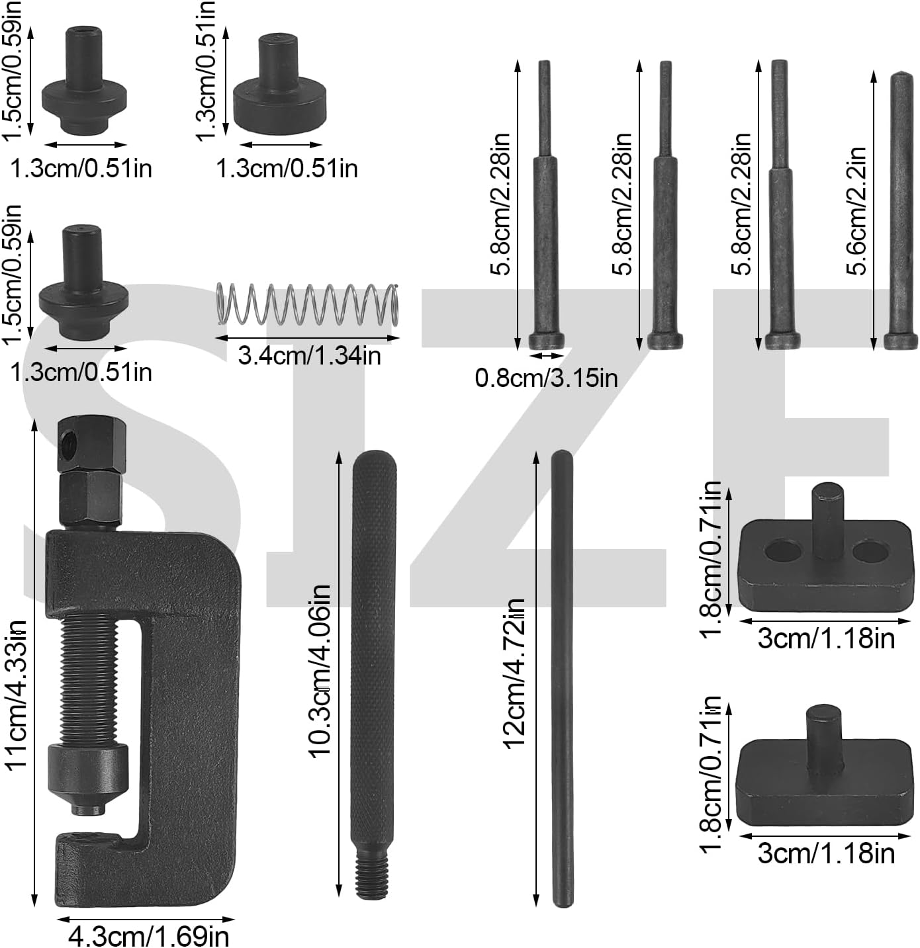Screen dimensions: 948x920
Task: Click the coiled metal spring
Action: (308, 304)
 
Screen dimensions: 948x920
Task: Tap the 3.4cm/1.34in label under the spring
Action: (309, 356)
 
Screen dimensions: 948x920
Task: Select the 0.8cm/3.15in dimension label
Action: (546, 378)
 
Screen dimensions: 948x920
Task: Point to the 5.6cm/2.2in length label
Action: (856, 210)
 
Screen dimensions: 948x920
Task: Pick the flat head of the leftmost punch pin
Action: (546, 341)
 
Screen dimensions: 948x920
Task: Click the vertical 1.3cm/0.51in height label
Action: (207, 69)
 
